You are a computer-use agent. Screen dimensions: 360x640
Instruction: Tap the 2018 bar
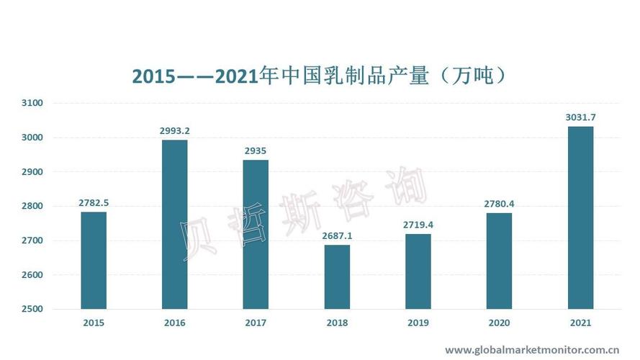coord(337,277)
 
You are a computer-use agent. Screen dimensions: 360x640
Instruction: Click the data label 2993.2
coord(175,131)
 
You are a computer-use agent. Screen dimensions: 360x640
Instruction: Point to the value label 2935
coord(256,151)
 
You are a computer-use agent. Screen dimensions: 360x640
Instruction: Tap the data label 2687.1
coord(337,236)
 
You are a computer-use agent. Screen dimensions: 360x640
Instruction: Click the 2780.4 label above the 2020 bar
coord(500,204)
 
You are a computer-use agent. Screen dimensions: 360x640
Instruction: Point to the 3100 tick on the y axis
coord(33,103)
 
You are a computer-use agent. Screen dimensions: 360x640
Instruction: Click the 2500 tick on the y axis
coord(33,310)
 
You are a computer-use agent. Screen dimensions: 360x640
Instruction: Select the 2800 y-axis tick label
coord(33,207)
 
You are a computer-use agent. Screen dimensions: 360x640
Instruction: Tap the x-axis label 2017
coord(256,323)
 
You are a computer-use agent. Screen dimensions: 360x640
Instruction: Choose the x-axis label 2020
coord(500,323)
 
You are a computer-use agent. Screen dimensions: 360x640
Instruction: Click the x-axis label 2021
coord(580,323)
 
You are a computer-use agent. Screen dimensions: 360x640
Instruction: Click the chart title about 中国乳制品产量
coord(319,75)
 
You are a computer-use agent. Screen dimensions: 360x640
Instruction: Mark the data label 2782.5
coord(94,203)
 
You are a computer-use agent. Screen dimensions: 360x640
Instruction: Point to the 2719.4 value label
coord(418,225)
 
